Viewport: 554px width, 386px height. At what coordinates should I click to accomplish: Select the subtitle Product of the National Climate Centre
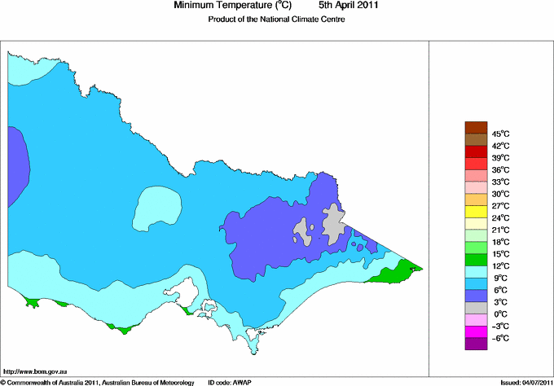click(x=277, y=20)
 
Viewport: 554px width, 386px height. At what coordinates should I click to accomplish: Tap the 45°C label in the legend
click(x=500, y=134)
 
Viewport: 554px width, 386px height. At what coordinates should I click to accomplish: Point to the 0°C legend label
click(x=499, y=314)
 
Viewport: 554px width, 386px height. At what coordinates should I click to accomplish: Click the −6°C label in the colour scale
click(x=499, y=338)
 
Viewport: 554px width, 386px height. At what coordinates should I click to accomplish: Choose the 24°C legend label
click(x=500, y=218)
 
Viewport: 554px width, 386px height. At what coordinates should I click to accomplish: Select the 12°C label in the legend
click(x=500, y=266)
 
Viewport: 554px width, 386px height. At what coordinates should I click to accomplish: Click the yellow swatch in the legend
click(x=475, y=212)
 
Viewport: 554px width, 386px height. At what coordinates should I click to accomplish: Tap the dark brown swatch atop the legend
click(x=475, y=127)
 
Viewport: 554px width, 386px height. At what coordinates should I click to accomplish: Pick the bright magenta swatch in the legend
click(x=475, y=332)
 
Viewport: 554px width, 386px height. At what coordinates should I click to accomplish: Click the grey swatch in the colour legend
click(x=475, y=308)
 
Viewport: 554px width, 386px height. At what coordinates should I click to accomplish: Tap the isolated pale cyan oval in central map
click(x=156, y=208)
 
